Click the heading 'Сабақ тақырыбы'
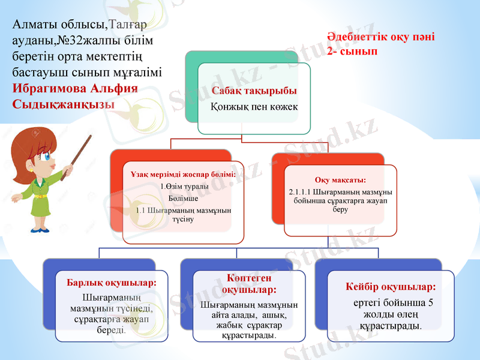(x=254, y=91)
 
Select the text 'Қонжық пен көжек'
(x=254, y=106)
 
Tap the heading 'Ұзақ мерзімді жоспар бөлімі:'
(x=184, y=175)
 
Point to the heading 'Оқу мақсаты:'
(x=340, y=179)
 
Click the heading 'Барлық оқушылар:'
(x=112, y=283)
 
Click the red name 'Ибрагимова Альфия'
(x=75, y=88)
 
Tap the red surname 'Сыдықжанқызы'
(x=64, y=103)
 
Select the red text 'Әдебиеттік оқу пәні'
(x=381, y=37)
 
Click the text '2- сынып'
(x=352, y=52)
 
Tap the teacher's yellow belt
(x=41, y=196)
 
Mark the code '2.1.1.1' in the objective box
(x=301, y=191)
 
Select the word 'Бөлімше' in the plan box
(x=184, y=198)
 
